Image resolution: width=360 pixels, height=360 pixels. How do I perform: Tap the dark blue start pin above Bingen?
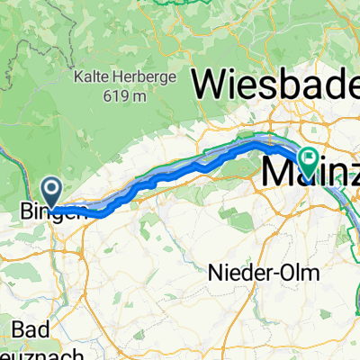[x=51, y=189]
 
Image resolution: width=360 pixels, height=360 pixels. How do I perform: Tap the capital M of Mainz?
[x=276, y=173]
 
